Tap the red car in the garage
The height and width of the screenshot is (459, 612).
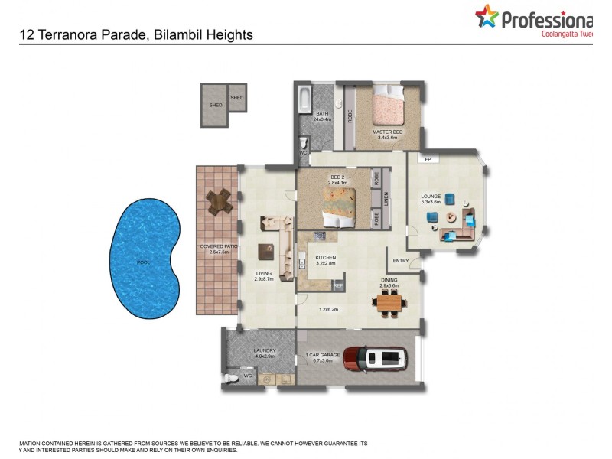click(x=374, y=357)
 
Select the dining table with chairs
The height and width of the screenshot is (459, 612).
click(x=389, y=304)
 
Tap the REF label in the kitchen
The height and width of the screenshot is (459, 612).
click(x=337, y=285)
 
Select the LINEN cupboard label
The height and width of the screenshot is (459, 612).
click(x=387, y=198)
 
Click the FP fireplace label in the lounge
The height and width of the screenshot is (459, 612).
click(x=428, y=160)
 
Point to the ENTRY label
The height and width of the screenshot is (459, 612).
click(x=401, y=261)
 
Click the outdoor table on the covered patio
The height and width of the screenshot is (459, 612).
click(x=220, y=201)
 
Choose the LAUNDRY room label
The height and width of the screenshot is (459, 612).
click(x=264, y=351)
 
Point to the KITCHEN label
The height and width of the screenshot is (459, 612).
click(x=325, y=258)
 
